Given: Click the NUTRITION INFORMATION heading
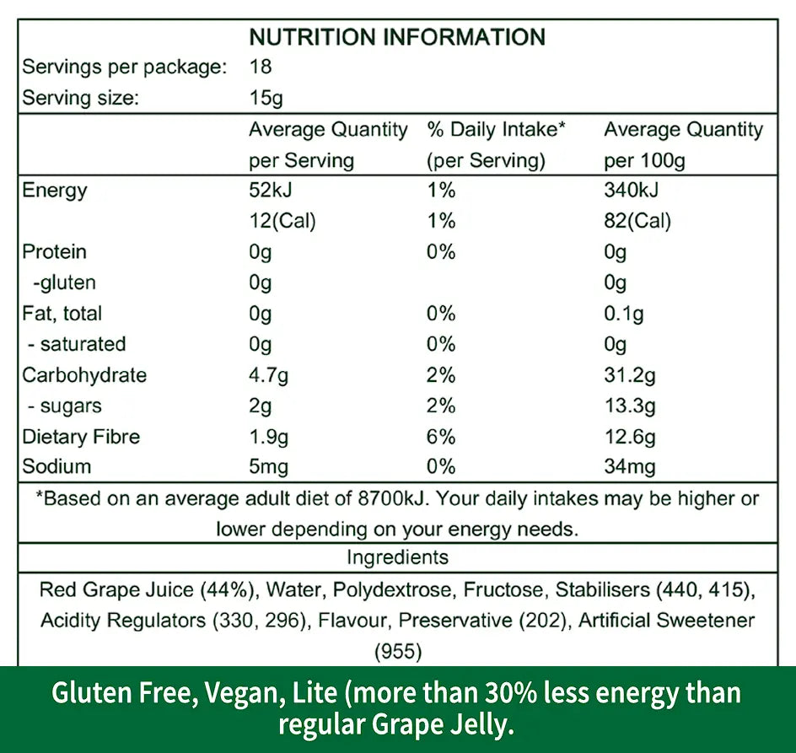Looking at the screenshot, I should point(397,37).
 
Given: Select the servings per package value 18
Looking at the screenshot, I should point(261,67).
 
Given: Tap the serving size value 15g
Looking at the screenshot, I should point(266,98).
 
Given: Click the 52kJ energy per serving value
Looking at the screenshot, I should point(270,191).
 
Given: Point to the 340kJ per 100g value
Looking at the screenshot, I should point(632,191).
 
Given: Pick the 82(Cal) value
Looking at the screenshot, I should point(637,221).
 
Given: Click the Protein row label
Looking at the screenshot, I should point(54,252).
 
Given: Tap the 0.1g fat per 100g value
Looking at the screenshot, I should point(624,314).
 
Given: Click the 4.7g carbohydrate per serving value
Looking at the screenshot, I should point(270,375).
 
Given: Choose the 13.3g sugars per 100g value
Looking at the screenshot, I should point(630,406).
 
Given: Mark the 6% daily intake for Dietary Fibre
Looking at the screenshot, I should point(441,437).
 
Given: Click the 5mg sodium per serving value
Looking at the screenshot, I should point(269,466).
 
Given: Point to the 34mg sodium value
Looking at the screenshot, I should point(630,466).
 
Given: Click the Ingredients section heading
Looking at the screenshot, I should point(397,557).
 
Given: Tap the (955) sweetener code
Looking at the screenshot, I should point(397,651).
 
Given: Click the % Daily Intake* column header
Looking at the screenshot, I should point(496,130).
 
